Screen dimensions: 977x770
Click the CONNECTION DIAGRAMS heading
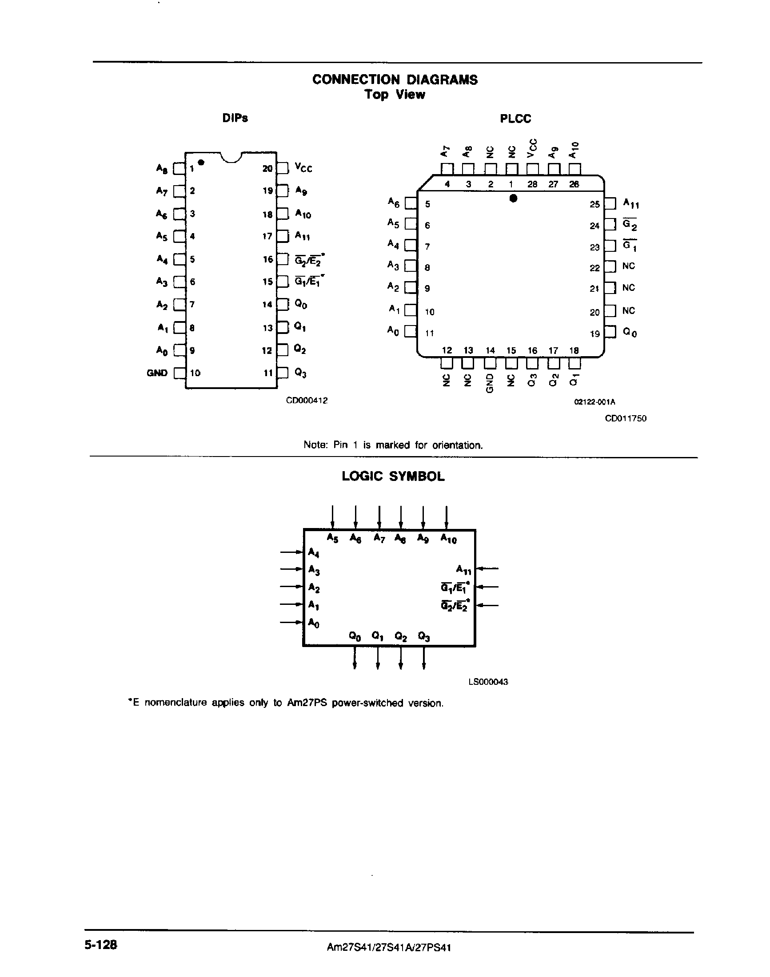click(395, 80)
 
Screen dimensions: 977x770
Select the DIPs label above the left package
click(235, 118)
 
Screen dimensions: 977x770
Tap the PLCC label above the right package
click(515, 119)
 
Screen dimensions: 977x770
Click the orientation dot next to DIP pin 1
click(201, 162)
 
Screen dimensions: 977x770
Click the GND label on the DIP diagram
click(157, 373)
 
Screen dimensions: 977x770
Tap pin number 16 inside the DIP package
click(268, 259)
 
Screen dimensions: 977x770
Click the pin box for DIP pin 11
click(283, 373)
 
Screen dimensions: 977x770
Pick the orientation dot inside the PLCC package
click(513, 198)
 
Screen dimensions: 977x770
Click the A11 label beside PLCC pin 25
click(630, 204)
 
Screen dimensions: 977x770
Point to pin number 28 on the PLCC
click(532, 184)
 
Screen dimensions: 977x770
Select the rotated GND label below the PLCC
click(490, 383)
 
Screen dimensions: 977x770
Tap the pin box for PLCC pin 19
click(610, 332)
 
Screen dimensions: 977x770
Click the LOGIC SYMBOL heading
click(393, 477)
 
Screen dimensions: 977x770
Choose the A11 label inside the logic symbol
click(463, 570)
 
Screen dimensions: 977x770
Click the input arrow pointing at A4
click(291, 552)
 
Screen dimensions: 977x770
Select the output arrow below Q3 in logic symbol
click(423, 659)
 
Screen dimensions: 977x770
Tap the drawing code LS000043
click(488, 682)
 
